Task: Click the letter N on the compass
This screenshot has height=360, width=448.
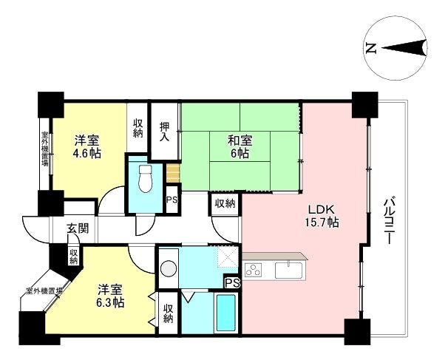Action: click(370, 48)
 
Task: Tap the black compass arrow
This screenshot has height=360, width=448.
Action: click(404, 48)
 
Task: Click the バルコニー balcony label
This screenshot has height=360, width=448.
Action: click(388, 220)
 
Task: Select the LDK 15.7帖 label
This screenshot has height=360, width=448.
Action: click(322, 216)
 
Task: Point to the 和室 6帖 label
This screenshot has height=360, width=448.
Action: click(240, 147)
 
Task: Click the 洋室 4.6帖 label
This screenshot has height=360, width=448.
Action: click(86, 147)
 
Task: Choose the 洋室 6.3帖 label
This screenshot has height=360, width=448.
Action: click(110, 296)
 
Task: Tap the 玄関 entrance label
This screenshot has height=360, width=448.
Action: click(78, 228)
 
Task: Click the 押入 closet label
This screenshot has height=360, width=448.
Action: click(165, 132)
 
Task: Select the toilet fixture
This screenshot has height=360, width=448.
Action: click(146, 179)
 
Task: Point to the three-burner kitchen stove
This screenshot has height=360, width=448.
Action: click(253, 270)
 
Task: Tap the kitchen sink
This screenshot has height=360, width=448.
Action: click(288, 270)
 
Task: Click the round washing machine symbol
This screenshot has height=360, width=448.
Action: click(169, 269)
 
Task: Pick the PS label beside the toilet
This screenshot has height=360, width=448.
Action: click(172, 200)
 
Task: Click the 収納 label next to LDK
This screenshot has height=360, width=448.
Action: click(225, 204)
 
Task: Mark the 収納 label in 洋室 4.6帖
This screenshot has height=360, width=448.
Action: click(138, 129)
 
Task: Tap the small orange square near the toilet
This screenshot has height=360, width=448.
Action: click(173, 174)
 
